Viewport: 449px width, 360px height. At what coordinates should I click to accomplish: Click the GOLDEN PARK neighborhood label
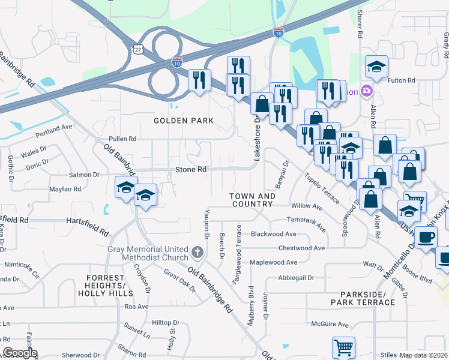coord(183,121)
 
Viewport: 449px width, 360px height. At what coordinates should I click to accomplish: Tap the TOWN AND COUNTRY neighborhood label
coord(253,200)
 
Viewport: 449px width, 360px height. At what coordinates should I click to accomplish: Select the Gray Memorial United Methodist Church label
coord(148,254)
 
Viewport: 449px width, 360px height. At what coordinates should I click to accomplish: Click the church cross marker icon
coord(197,251)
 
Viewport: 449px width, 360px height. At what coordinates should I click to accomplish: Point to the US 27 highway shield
coord(139,52)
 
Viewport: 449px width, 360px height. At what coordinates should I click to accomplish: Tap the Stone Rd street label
coord(190,170)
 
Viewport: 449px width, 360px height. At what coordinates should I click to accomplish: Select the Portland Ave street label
coord(54,128)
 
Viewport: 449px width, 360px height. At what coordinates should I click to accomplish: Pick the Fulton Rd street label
coord(402,80)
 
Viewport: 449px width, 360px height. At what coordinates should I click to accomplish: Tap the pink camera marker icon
coord(366,92)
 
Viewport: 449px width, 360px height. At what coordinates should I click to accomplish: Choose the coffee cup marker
coord(426,237)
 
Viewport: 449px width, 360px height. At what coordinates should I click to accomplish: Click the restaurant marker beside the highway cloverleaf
coord(199,79)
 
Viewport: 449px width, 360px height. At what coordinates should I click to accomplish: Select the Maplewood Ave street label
coord(273,262)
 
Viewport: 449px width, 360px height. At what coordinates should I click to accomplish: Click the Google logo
coord(19,353)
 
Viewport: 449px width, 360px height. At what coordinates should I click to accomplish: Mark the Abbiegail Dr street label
coord(295,278)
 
